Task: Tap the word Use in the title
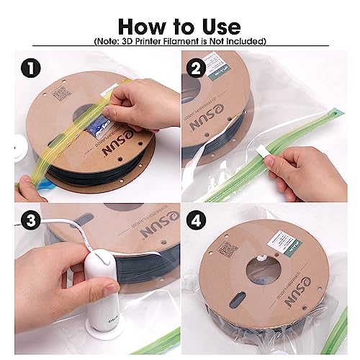216,27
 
